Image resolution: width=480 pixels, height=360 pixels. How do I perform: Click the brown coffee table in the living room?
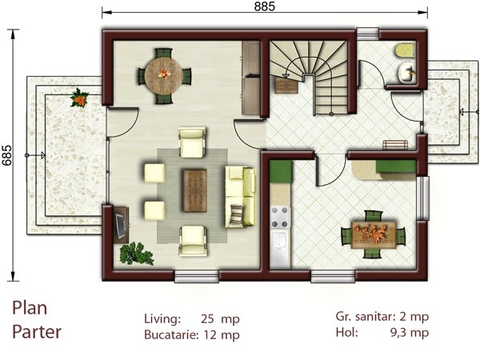click(x=194, y=190)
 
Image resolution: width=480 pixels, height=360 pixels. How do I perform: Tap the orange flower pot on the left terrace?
click(x=79, y=98)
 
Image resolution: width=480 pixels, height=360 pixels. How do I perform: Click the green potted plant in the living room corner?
click(x=136, y=254)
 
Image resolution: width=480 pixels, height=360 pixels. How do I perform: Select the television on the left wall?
click(x=120, y=224)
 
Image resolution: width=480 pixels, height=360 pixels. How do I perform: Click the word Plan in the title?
click(x=30, y=310)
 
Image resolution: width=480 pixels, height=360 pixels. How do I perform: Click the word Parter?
click(x=37, y=330)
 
